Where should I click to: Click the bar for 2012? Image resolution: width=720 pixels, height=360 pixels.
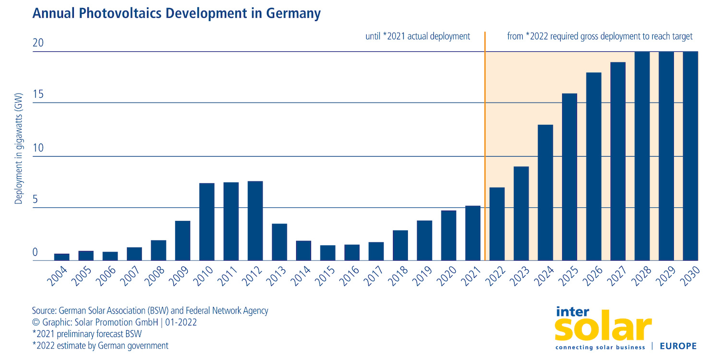(255, 221)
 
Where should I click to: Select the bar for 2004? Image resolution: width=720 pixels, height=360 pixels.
(62, 257)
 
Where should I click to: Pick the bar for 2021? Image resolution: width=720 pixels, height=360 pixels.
(473, 233)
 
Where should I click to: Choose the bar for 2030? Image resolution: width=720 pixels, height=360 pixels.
(690, 156)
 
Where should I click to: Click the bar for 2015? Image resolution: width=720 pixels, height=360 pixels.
(328, 253)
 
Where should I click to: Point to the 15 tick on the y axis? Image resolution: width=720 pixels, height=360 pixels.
(38, 95)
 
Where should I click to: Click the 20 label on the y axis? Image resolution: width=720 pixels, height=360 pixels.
(38, 43)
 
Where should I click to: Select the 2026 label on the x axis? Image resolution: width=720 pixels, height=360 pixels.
(592, 277)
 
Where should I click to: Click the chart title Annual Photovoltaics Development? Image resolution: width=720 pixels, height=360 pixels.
(176, 13)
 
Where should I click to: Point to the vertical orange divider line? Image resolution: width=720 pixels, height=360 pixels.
(485, 144)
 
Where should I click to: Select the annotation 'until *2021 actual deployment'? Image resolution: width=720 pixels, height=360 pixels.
(418, 36)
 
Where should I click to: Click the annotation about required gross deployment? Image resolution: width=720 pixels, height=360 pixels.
(600, 36)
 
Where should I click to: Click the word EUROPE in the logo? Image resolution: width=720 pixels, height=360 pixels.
(678, 346)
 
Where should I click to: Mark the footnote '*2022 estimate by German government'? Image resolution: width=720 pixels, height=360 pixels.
(100, 346)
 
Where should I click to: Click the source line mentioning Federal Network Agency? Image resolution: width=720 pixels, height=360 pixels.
(150, 311)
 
